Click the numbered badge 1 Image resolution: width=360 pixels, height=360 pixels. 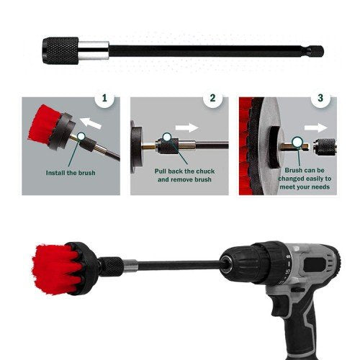click(x=106, y=97)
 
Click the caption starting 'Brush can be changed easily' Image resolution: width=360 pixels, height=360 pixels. click(x=302, y=178)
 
